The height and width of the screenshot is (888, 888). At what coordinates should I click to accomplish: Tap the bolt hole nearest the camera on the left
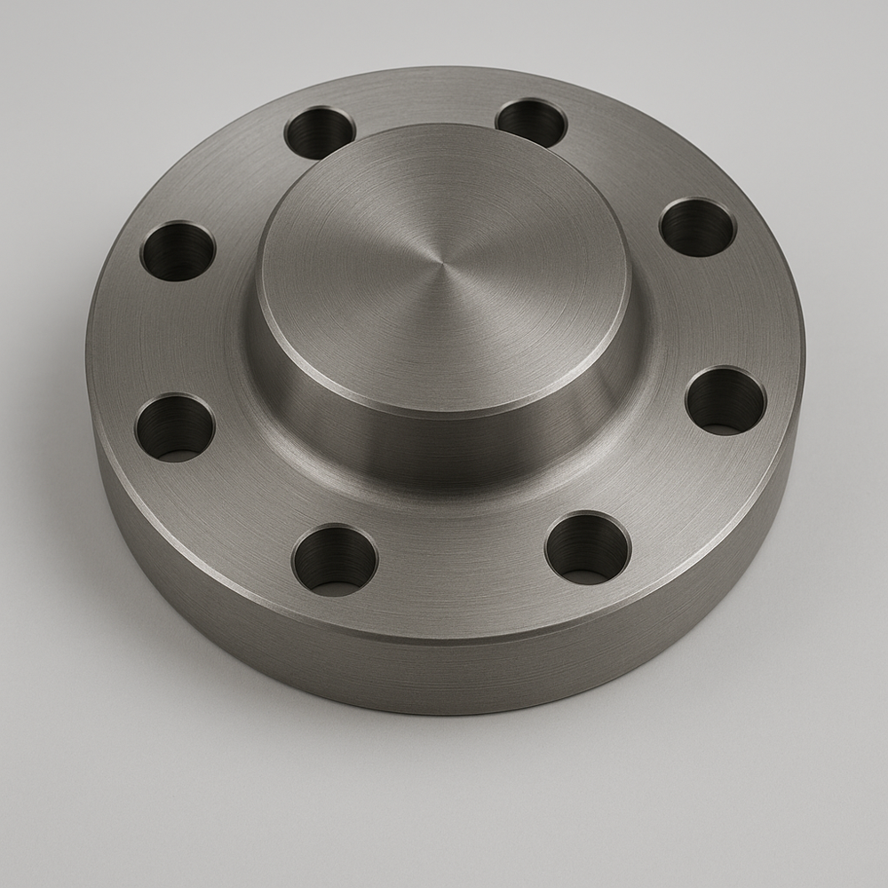click(335, 559)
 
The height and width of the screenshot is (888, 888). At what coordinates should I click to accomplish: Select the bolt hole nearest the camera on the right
click(587, 548)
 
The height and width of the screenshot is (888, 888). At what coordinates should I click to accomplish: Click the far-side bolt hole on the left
click(320, 132)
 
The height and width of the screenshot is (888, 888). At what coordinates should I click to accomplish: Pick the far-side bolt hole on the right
click(531, 123)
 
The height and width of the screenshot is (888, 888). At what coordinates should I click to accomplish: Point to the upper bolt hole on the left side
click(178, 250)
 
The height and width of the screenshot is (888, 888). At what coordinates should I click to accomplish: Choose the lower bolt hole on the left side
click(175, 427)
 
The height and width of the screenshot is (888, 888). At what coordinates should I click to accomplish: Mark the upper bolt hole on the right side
click(697, 226)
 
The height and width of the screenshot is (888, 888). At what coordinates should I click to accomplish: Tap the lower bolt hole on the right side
click(725, 400)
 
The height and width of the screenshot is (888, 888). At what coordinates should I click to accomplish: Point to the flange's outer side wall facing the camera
click(444, 675)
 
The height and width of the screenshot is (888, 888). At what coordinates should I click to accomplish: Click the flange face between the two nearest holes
click(462, 568)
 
